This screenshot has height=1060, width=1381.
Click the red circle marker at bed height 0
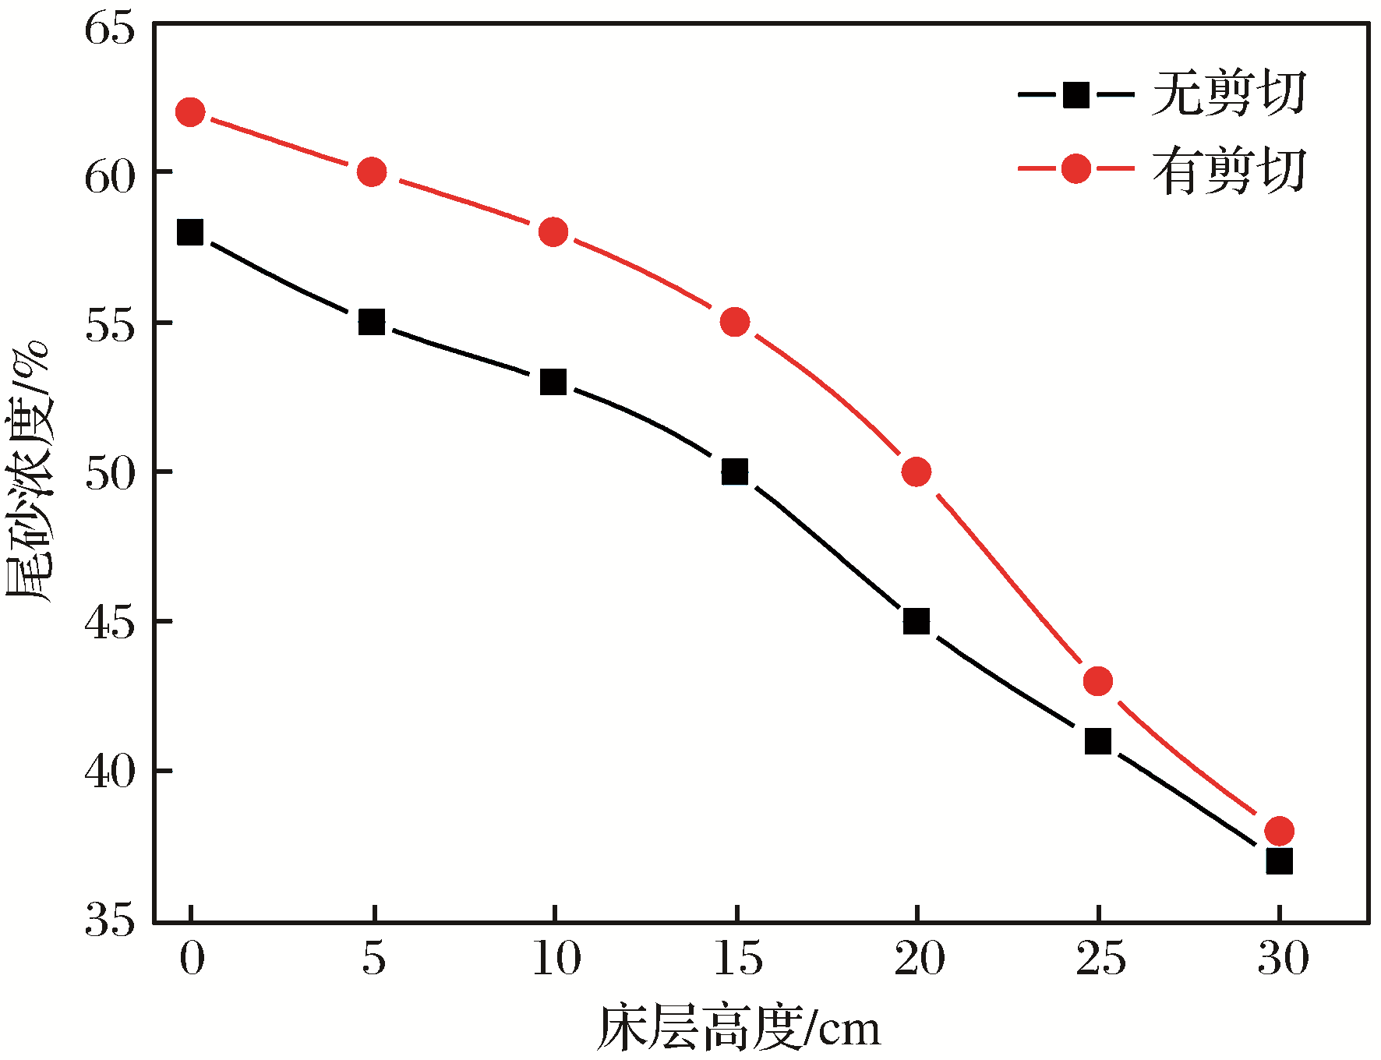pyautogui.click(x=190, y=112)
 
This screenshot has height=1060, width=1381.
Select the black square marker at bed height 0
pyautogui.click(x=190, y=232)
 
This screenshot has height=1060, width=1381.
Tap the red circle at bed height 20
pyautogui.click(x=917, y=472)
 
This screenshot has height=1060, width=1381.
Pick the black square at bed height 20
pyautogui.click(x=917, y=621)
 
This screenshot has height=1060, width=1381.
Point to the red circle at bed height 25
pyautogui.click(x=1098, y=681)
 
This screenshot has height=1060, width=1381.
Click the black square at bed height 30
pyautogui.click(x=1279, y=861)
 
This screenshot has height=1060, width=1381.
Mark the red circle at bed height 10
pyautogui.click(x=553, y=232)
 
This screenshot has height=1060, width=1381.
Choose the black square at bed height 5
pyautogui.click(x=372, y=322)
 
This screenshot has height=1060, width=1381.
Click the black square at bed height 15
pyautogui.click(x=735, y=472)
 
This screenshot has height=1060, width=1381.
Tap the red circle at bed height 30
pyautogui.click(x=1279, y=831)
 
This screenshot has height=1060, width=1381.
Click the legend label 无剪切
pyautogui.click(x=1229, y=94)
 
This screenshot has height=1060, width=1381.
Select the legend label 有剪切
pyautogui.click(x=1229, y=170)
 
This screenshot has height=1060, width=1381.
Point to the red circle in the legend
pyautogui.click(x=1076, y=168)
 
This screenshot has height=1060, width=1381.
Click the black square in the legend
pyautogui.click(x=1076, y=95)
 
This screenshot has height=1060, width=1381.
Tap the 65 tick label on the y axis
pyautogui.click(x=110, y=30)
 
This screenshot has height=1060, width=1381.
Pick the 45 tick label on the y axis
pyautogui.click(x=110, y=623)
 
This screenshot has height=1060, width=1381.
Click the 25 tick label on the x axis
pyautogui.click(x=1100, y=959)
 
